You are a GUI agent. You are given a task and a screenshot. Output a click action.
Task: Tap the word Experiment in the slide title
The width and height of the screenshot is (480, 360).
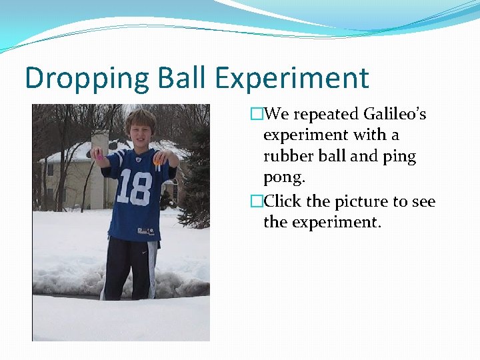point(291,79)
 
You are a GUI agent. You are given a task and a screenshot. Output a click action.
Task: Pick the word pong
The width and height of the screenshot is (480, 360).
point(284,179)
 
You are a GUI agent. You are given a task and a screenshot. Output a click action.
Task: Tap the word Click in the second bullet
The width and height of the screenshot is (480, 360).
point(283,201)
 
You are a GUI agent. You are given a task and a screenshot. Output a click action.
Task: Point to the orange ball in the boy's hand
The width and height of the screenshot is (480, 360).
point(158,161)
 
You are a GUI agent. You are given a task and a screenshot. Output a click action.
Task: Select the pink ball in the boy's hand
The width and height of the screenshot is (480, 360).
point(98,153)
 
